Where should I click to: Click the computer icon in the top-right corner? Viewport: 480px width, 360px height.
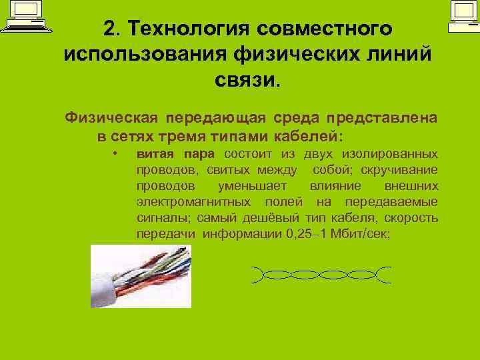461,16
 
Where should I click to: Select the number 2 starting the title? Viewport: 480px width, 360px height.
109,29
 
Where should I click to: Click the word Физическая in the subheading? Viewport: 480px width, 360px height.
111,118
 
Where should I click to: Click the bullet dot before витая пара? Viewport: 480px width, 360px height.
115,153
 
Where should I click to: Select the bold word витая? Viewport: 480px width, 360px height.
151,153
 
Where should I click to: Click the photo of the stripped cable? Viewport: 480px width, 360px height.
141,275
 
